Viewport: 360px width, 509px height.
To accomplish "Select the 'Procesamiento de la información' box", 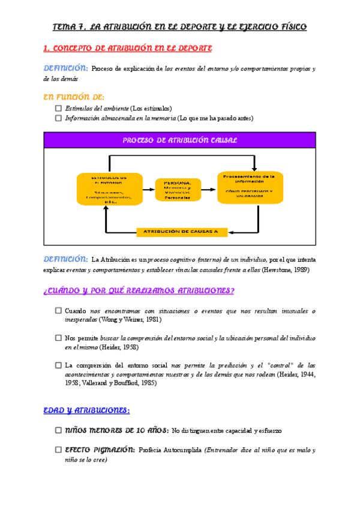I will (x=249, y=187).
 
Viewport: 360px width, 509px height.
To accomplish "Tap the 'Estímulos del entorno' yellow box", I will (x=109, y=189).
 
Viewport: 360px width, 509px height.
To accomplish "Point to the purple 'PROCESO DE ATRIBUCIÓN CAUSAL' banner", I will (x=180, y=140).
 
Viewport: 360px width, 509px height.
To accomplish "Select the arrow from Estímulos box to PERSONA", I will (x=148, y=188).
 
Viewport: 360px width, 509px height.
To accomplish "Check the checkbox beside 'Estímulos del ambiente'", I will (x=58, y=108).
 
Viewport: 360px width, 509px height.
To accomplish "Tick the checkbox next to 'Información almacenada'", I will (x=58, y=118).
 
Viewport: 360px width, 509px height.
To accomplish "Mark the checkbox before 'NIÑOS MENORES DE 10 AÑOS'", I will (x=58, y=430).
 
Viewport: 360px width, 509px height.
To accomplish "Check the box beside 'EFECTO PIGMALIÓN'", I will (x=58, y=450).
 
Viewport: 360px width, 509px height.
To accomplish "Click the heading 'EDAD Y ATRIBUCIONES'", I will (x=86, y=411).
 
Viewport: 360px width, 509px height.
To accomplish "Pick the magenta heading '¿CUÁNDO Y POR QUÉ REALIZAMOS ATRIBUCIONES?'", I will (x=139, y=292).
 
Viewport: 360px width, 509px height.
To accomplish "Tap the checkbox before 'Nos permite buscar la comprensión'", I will (x=58, y=338).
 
